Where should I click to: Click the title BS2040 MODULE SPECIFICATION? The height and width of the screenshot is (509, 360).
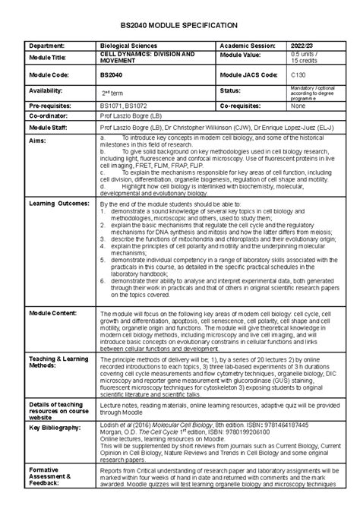179,25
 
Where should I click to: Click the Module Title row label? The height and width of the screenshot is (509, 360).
51,58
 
